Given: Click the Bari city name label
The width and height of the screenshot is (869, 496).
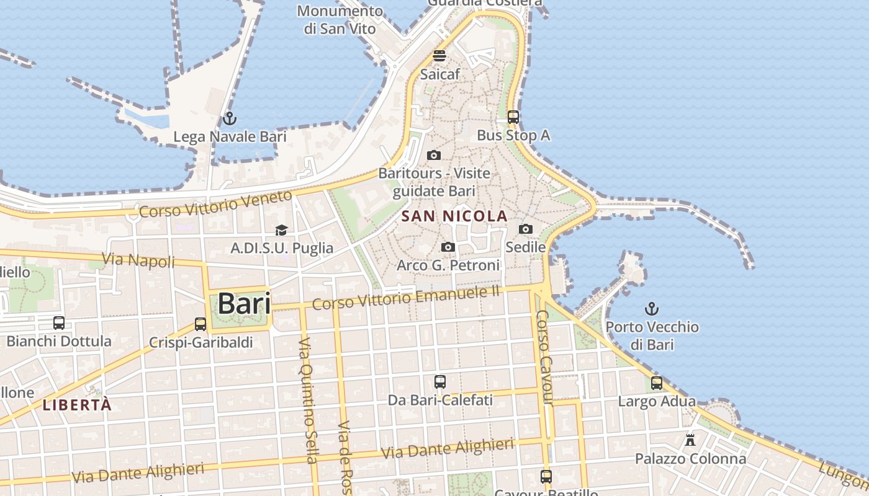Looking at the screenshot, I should (244, 304).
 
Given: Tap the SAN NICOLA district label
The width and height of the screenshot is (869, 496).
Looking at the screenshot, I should (454, 216).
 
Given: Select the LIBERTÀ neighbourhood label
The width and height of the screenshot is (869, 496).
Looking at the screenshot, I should (78, 405).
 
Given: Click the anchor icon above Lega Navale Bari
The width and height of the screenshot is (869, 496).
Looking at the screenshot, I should (230, 118).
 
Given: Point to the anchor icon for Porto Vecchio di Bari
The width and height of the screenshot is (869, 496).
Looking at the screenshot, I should (652, 308).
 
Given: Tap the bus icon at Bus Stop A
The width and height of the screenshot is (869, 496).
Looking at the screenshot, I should (513, 117).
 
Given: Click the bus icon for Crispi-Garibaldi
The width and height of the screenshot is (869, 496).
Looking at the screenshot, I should (200, 324).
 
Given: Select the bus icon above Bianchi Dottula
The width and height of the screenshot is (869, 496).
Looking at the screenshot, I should (59, 322).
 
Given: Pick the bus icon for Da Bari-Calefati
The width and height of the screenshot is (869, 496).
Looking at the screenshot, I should (440, 381).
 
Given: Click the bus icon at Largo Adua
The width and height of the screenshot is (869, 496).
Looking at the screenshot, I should (657, 383).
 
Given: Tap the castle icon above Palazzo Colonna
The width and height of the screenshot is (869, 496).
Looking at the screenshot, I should (690, 440).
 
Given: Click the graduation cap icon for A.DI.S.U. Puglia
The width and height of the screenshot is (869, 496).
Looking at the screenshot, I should (282, 230).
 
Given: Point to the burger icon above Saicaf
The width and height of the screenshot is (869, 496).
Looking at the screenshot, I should (439, 56).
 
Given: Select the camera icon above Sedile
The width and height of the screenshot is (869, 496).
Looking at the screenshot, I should (526, 229).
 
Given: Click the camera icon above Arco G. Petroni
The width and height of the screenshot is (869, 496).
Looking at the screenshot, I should (448, 247).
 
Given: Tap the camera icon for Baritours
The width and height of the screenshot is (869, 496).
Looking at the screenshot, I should (434, 155).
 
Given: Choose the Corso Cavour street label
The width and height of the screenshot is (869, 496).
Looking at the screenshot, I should (544, 358).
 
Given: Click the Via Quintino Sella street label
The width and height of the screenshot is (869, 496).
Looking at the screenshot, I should (308, 400).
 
